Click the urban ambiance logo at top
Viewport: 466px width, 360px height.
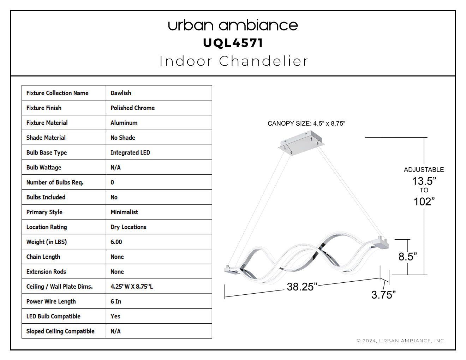pyautogui.click(x=233, y=25)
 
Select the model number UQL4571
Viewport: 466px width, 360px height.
pyautogui.click(x=233, y=43)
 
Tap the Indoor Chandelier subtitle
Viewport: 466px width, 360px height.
pyautogui.click(x=234, y=61)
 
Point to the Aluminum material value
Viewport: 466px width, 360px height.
pyautogui.click(x=124, y=123)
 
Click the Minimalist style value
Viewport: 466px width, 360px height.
pyautogui.click(x=124, y=212)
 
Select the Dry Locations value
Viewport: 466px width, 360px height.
pyautogui.click(x=128, y=227)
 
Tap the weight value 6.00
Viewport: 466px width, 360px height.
pyautogui.click(x=116, y=242)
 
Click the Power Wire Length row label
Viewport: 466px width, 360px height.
pyautogui.click(x=51, y=301)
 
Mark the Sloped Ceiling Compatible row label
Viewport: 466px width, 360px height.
pyautogui.click(x=60, y=331)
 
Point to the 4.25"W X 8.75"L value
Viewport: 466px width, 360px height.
pyautogui.click(x=132, y=287)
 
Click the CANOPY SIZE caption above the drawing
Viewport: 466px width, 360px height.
pyautogui.click(x=306, y=124)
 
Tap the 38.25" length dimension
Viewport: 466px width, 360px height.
pyautogui.click(x=302, y=287)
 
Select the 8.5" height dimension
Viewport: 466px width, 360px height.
pyautogui.click(x=407, y=257)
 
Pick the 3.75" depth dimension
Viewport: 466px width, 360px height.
pyautogui.click(x=383, y=295)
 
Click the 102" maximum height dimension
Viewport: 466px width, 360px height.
pyautogui.click(x=424, y=202)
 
